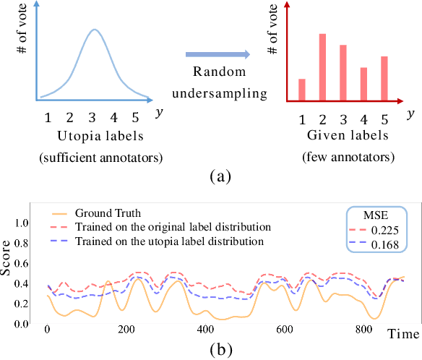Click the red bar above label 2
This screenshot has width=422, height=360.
click(x=322, y=67)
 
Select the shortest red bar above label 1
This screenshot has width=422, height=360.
click(x=301, y=90)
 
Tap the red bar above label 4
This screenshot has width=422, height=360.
click(x=364, y=84)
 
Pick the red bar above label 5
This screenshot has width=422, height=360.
click(x=384, y=78)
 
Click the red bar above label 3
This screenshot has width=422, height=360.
click(x=343, y=73)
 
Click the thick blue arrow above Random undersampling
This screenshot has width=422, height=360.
click(x=217, y=53)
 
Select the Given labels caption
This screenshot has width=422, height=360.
click(x=343, y=135)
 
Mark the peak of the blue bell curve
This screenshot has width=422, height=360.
click(x=94, y=30)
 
